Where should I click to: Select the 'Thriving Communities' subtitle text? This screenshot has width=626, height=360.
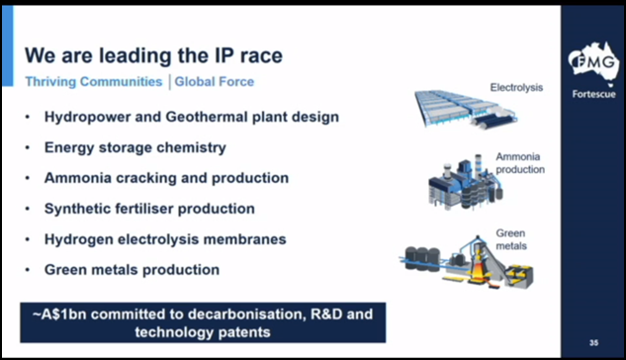(x=94, y=81)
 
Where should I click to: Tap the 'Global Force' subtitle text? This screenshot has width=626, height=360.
(x=216, y=81)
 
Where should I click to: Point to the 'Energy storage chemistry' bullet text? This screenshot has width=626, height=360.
(x=135, y=147)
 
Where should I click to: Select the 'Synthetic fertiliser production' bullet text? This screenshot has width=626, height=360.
(x=149, y=209)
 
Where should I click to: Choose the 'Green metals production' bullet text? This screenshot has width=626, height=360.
(x=132, y=269)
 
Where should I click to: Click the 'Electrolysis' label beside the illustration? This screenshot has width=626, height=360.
(x=516, y=88)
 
